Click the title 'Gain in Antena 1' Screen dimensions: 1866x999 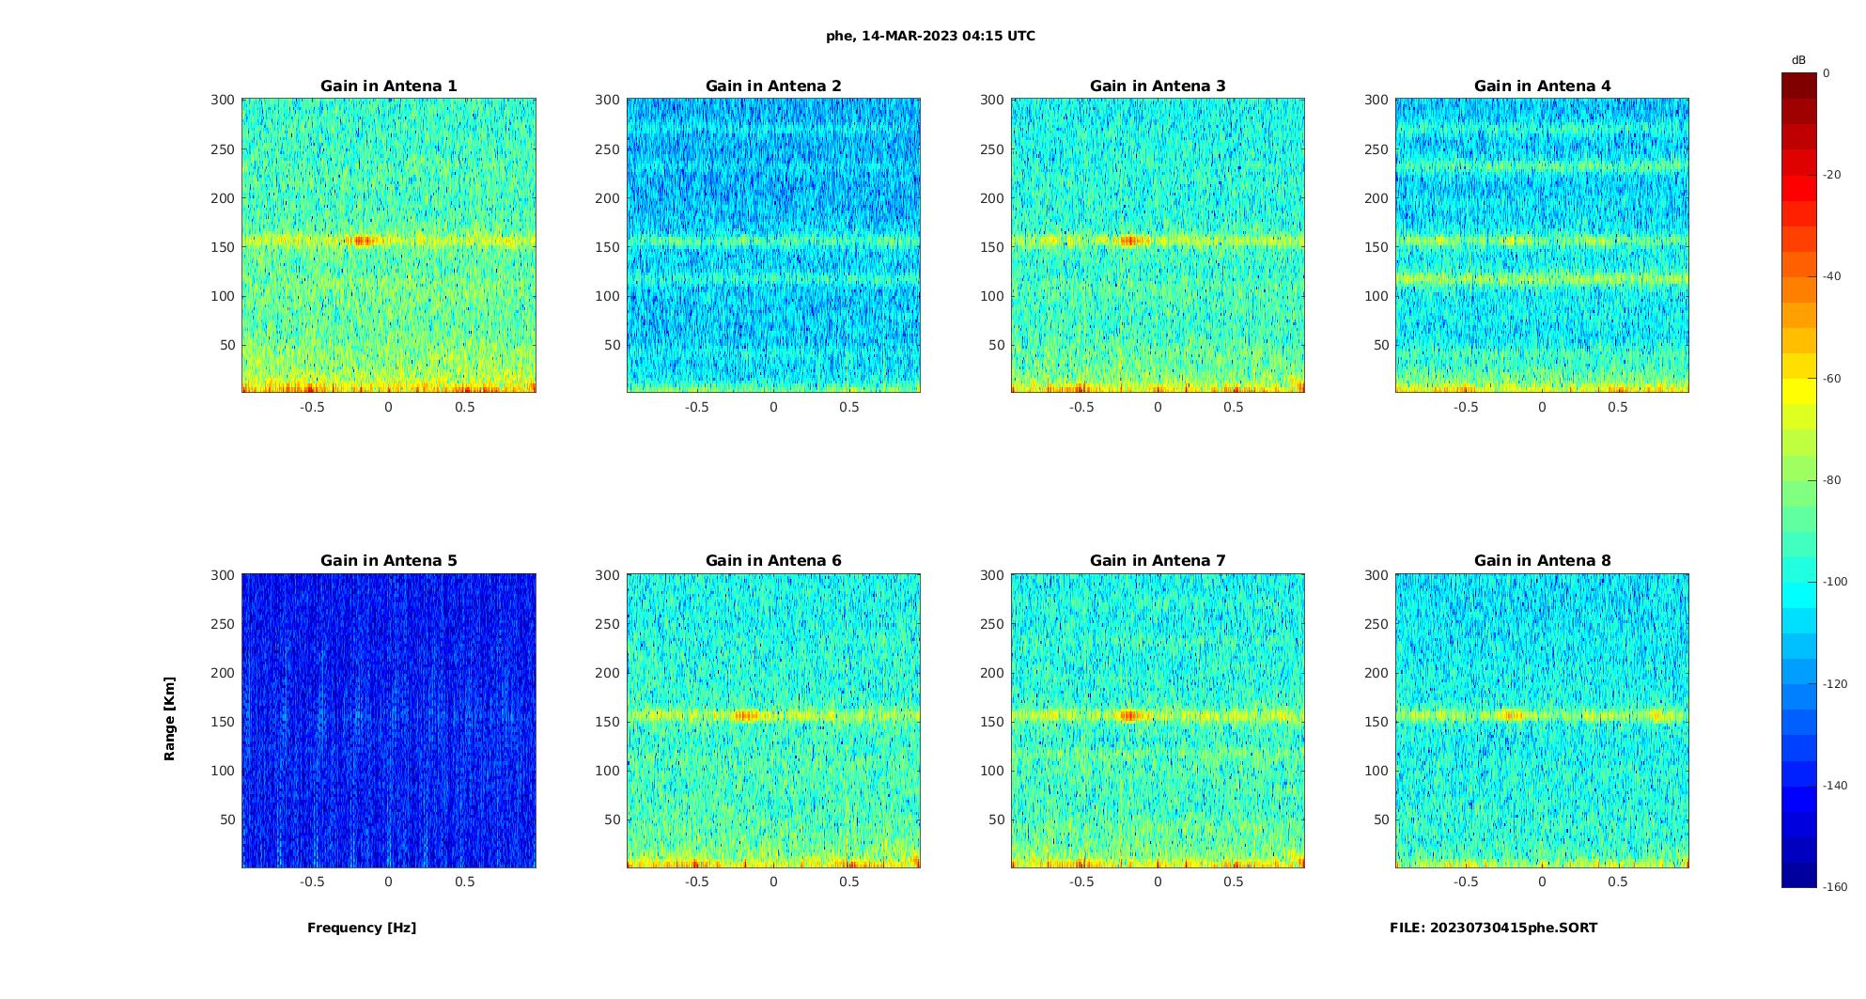pyautogui.click(x=388, y=86)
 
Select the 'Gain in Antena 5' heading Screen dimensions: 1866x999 pyautogui.click(x=388, y=560)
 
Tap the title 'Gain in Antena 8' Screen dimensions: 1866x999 pyautogui.click(x=1542, y=560)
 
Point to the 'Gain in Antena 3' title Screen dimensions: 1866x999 pyautogui.click(x=1158, y=86)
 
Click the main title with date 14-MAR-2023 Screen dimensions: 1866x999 pyautogui.click(x=930, y=36)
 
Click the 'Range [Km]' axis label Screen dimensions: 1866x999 pyautogui.click(x=169, y=718)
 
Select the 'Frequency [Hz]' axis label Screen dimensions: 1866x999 pyautogui.click(x=362, y=928)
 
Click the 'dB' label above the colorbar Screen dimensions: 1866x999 pyautogui.click(x=1798, y=60)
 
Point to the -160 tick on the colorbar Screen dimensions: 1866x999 pyautogui.click(x=1835, y=887)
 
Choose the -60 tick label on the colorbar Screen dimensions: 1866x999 pyautogui.click(x=1832, y=379)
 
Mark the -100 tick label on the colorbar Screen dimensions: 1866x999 pyautogui.click(x=1835, y=582)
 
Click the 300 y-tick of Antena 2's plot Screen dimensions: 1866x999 pyautogui.click(x=607, y=100)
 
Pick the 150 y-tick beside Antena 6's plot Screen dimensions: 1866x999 pyautogui.click(x=607, y=722)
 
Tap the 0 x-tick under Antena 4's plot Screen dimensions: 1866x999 pyautogui.click(x=1542, y=407)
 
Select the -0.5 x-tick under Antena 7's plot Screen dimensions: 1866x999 pyautogui.click(x=1081, y=882)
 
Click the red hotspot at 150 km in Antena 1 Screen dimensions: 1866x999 pyautogui.click(x=362, y=241)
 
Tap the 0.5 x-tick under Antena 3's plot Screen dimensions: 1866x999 pyautogui.click(x=1234, y=407)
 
